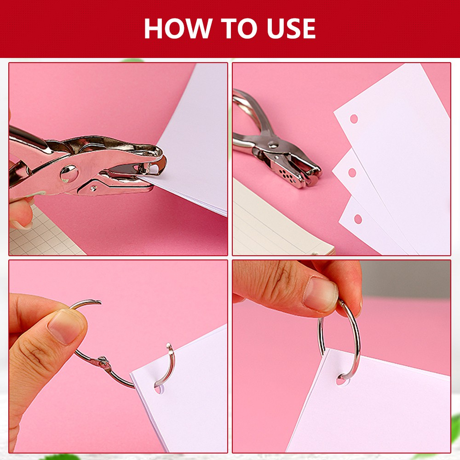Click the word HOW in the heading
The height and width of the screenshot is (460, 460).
[x=178, y=29]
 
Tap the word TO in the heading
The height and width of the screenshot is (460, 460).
[x=239, y=29]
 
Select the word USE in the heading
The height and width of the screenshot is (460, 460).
[x=291, y=29]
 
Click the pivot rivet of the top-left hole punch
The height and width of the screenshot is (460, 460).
[x=69, y=174]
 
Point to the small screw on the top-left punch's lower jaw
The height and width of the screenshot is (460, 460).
[x=93, y=188]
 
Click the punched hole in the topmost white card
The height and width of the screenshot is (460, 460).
[x=354, y=119]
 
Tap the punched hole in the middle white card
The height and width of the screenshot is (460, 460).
[x=352, y=173]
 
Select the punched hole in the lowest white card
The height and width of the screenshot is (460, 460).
[x=358, y=219]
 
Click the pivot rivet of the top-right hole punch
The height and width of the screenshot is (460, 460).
[x=273, y=144]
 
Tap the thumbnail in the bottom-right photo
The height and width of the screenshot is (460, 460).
[x=321, y=294]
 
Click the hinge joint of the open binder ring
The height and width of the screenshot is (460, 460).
[x=103, y=362]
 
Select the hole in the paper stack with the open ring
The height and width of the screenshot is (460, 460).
[x=158, y=389]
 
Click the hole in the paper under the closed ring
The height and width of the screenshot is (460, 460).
[x=341, y=380]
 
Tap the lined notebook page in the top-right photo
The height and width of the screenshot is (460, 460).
[x=279, y=223]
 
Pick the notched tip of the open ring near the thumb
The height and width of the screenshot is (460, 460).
[x=98, y=302]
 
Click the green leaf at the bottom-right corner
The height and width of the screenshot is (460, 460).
[x=455, y=425]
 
